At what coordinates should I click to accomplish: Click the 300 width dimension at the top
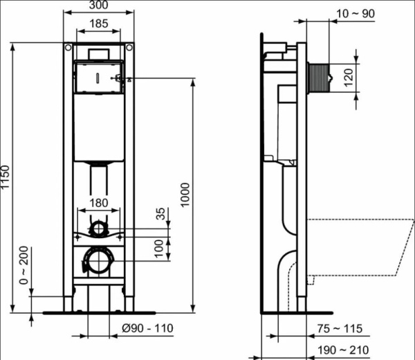[x=99, y=6]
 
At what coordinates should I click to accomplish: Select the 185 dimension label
[x=99, y=24]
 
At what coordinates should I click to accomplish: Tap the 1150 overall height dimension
[x=6, y=179]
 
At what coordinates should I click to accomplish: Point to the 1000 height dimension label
[x=185, y=196]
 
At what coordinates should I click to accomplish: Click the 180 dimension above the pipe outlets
[x=100, y=202]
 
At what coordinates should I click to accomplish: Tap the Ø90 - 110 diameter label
[x=149, y=328]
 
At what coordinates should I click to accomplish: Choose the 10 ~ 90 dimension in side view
[x=355, y=13]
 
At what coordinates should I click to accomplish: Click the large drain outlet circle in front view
[x=98, y=261]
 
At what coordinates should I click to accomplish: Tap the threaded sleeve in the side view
[x=318, y=78]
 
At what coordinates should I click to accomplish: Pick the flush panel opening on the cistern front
[x=98, y=78]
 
